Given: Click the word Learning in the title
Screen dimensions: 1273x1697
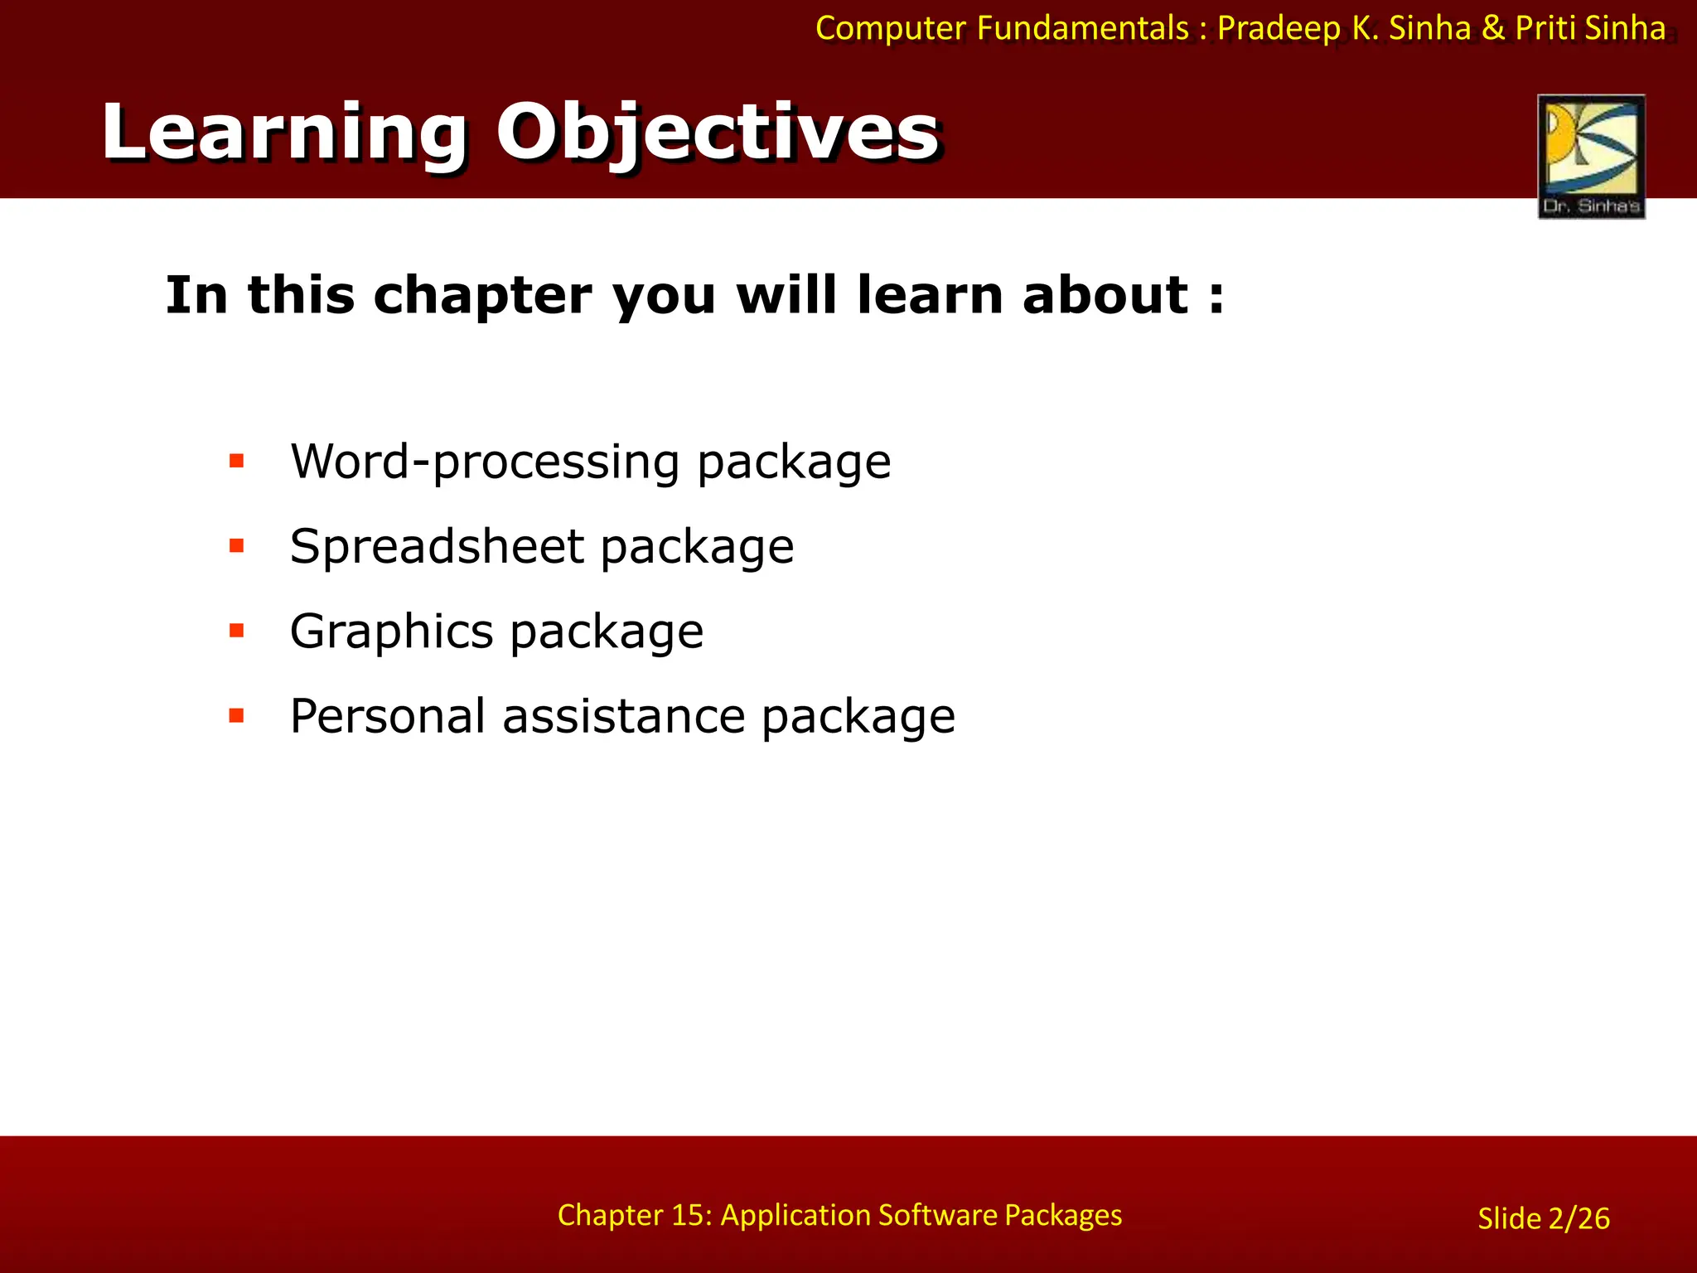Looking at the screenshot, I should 283,133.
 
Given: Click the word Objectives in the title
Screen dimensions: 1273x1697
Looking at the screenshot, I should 717,133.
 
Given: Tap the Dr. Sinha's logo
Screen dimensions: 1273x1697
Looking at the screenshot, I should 1591,156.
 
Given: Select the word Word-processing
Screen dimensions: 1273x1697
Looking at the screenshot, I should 484,461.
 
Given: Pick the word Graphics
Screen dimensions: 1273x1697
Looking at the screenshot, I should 391,632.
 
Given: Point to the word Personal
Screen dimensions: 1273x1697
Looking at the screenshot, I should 387,716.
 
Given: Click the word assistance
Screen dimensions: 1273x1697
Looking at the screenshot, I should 624,716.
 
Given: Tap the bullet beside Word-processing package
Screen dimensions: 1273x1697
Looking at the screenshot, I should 237,461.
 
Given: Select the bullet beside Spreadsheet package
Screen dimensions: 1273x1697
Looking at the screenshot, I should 237,546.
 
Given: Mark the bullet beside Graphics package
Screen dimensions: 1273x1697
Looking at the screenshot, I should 237,632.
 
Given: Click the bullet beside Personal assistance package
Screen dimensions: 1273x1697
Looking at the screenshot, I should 237,716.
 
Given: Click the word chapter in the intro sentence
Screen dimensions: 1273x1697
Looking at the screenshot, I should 482,295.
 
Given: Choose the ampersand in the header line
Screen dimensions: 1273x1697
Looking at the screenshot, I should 1493,29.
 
